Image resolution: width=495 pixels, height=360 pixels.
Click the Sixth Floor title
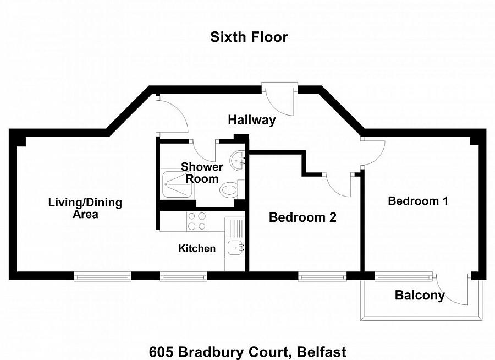(x=249, y=37)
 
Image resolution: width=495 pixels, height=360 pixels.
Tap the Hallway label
(x=252, y=120)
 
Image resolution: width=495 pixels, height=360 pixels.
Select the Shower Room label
(x=202, y=173)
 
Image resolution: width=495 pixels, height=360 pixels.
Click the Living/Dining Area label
(x=85, y=208)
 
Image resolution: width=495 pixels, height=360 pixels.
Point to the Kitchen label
(x=197, y=248)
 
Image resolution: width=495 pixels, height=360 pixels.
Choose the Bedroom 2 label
(x=302, y=217)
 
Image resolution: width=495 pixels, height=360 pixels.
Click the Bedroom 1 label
(x=418, y=201)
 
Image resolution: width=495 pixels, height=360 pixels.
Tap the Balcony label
(x=420, y=296)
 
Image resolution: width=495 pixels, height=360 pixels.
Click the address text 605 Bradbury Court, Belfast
(x=248, y=351)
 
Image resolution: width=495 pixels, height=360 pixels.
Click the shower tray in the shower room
(x=178, y=184)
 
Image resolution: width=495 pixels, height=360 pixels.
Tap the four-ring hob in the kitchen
(x=197, y=221)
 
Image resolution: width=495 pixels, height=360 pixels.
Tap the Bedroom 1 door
(x=373, y=152)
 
